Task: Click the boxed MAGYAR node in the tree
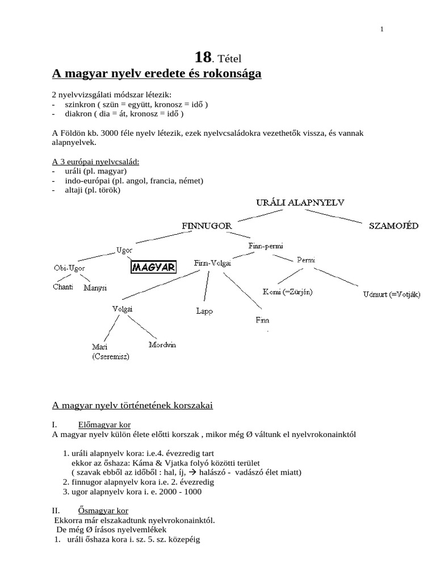point(153,267)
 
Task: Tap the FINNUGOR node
point(207,226)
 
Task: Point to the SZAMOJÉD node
point(394,226)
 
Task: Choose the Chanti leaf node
point(63,286)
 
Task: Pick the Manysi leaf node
point(95,288)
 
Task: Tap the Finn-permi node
point(266,246)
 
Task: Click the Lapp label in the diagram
point(204,311)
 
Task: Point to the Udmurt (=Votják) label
point(392,294)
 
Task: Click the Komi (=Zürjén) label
point(287,292)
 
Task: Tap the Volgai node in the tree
point(123,309)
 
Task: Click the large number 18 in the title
point(203,57)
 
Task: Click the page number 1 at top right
point(382,30)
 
